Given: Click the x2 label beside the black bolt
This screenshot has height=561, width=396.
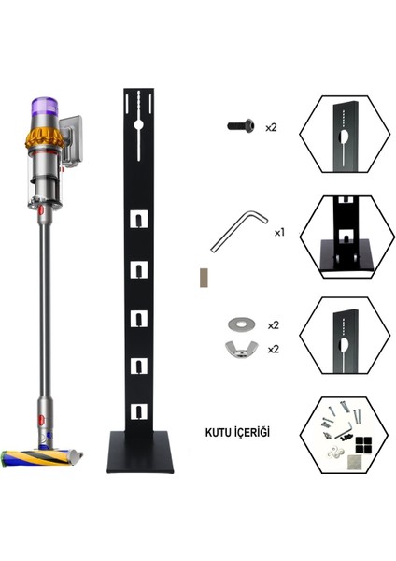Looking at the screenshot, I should pos(271,125).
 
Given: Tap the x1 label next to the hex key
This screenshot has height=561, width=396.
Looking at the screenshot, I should pos(279,230).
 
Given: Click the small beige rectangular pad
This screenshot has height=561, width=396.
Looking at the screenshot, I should pos(199,278).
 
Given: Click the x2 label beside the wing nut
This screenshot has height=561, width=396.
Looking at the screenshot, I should pos(274,348).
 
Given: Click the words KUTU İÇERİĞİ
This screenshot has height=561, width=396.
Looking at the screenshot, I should pos(237,433).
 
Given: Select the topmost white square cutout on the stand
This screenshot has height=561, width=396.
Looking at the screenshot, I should pos(138,220).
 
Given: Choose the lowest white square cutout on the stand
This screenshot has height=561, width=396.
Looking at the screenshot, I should pos(138,410).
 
